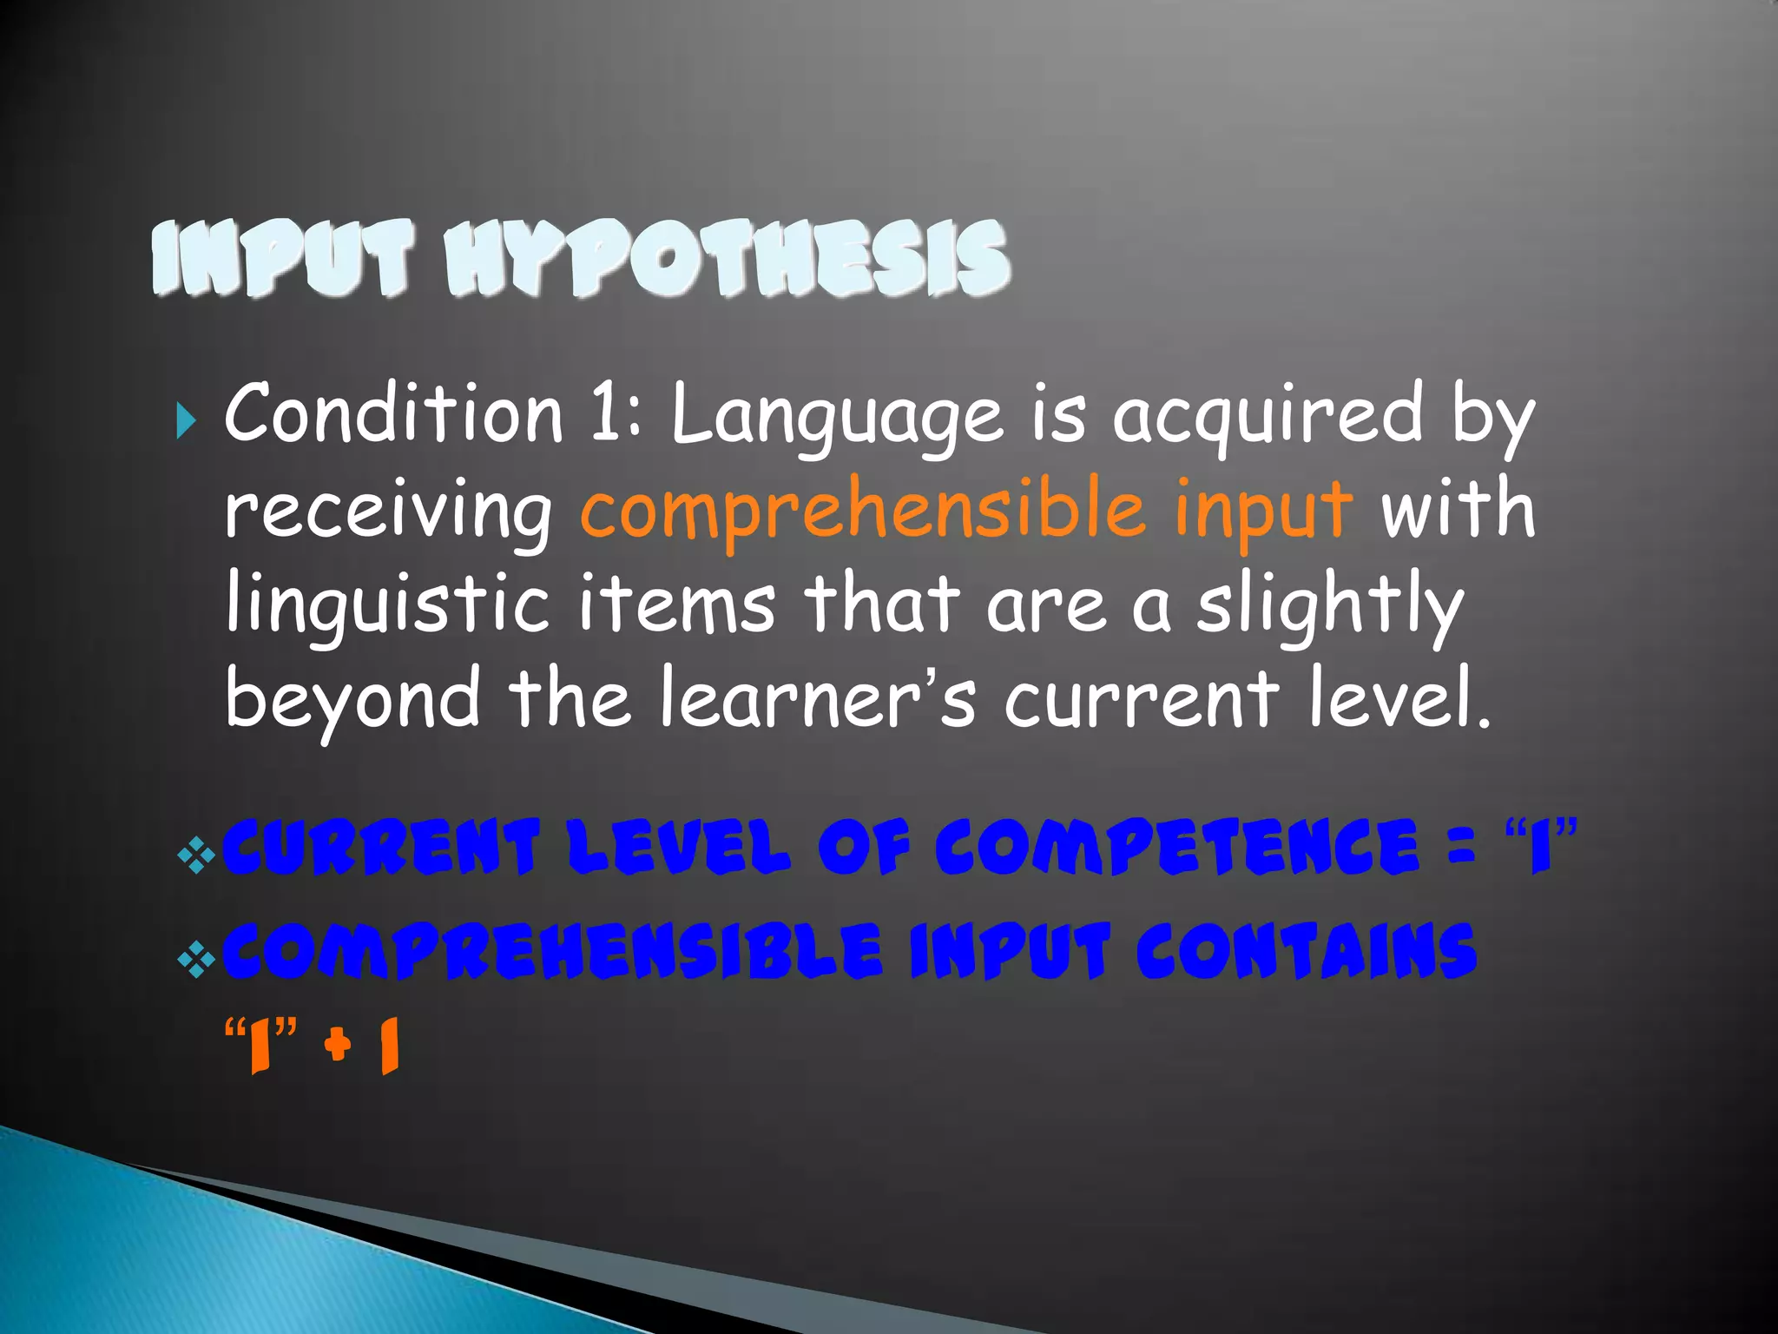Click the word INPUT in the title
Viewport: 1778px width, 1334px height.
click(282, 258)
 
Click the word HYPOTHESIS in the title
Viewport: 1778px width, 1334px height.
click(728, 258)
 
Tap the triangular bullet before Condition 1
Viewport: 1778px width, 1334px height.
click(185, 421)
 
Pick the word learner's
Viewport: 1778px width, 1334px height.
click(817, 699)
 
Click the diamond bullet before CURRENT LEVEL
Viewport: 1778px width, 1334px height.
click(196, 855)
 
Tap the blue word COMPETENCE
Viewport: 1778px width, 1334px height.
click(1177, 847)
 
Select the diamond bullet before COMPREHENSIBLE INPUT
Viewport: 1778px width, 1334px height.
click(196, 959)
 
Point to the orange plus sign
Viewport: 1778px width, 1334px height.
click(338, 1043)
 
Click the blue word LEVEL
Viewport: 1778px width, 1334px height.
click(679, 847)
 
